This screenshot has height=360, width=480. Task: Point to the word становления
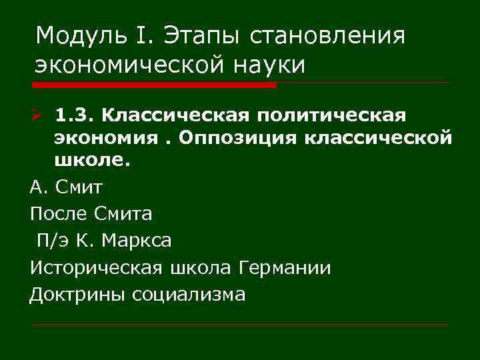(x=327, y=34)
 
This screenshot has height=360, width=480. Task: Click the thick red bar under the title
(x=153, y=85)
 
